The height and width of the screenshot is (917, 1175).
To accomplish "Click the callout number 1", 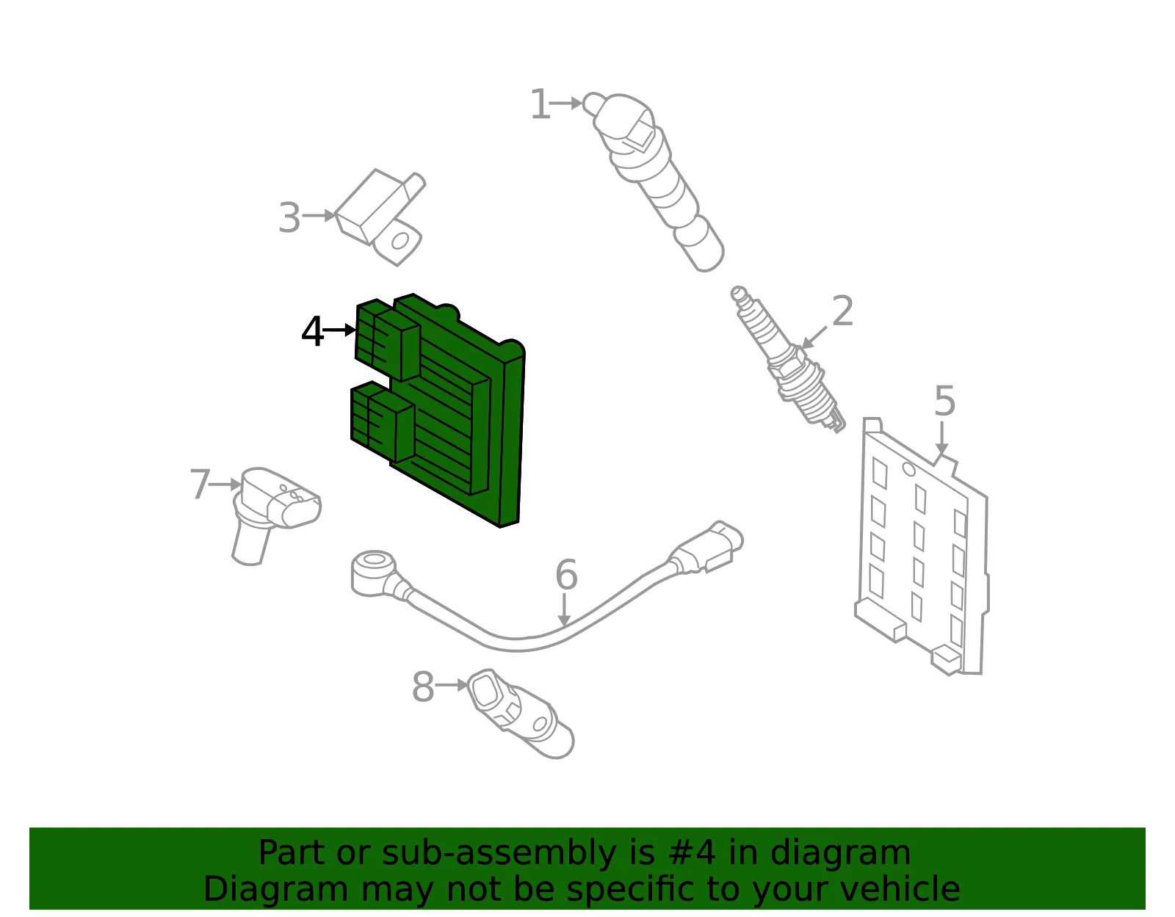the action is point(540,104).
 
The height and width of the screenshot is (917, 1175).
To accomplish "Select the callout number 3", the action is point(289,218).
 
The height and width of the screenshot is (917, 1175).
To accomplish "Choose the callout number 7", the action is point(200,484).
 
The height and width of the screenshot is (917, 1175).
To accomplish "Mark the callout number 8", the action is point(423,686).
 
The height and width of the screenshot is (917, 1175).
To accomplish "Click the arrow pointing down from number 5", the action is point(941,438).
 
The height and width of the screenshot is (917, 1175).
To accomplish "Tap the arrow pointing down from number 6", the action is point(564,609).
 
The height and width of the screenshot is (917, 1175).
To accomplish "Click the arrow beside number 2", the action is point(814,338).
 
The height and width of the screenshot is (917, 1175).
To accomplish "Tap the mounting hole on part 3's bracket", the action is point(400,241).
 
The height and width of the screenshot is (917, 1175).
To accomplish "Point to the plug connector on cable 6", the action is point(707,547).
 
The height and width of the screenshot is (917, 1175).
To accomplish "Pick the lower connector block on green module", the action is point(382,421).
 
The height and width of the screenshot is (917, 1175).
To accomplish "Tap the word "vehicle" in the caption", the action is point(905,889).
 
